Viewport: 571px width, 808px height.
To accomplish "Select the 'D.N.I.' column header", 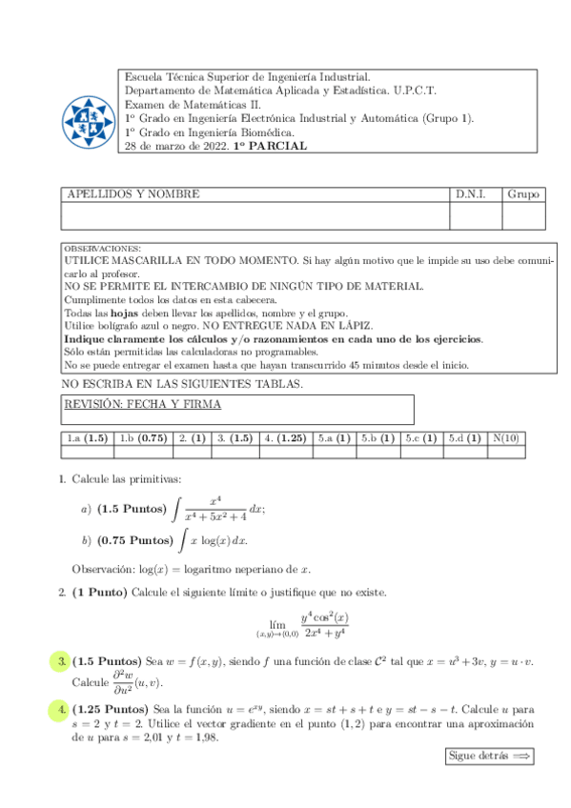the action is [471, 194].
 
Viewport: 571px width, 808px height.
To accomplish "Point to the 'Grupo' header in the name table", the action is [522, 194].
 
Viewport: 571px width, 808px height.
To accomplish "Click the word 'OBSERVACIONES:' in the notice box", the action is [102, 248].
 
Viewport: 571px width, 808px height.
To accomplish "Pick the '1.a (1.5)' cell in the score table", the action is [87, 438].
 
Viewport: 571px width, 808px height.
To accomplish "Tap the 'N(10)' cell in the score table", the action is [505, 438].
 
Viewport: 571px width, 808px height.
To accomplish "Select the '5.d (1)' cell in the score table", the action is [466, 438].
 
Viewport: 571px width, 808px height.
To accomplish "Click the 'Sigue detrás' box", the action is [487, 756].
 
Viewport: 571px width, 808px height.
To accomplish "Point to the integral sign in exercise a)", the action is [174, 511].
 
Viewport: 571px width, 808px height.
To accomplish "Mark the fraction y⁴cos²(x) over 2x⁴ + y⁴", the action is [324, 625].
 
